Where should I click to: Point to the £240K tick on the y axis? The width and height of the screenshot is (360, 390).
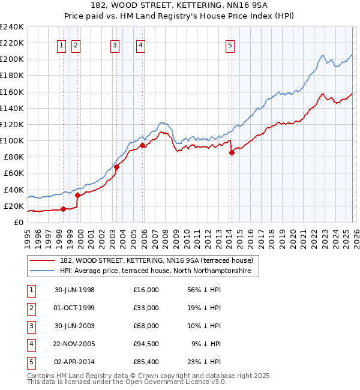12,27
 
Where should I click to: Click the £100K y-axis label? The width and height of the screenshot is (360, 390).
12,140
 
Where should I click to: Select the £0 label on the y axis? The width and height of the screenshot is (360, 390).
19,222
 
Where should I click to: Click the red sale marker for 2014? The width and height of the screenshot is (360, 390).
232,152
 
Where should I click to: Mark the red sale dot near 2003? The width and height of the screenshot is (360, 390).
117,167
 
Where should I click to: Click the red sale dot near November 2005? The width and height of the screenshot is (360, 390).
142,145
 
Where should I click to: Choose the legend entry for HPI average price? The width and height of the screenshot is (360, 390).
158,271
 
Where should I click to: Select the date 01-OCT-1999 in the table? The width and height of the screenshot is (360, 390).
74,308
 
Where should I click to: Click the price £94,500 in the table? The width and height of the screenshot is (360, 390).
146,344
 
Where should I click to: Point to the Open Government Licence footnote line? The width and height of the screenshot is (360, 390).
127,381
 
